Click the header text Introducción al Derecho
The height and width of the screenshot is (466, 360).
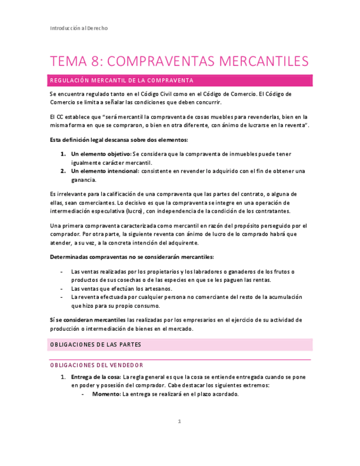(x=79, y=29)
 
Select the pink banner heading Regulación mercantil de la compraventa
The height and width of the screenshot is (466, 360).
(x=121, y=81)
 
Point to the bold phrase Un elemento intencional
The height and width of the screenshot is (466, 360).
(x=105, y=171)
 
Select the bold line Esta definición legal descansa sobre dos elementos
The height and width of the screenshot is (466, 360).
(x=119, y=140)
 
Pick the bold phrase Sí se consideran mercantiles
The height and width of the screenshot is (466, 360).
(x=87, y=320)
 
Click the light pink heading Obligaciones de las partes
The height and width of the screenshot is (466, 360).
(x=96, y=345)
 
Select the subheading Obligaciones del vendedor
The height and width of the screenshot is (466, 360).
(x=97, y=365)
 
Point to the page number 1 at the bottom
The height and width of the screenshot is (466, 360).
(x=179, y=421)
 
